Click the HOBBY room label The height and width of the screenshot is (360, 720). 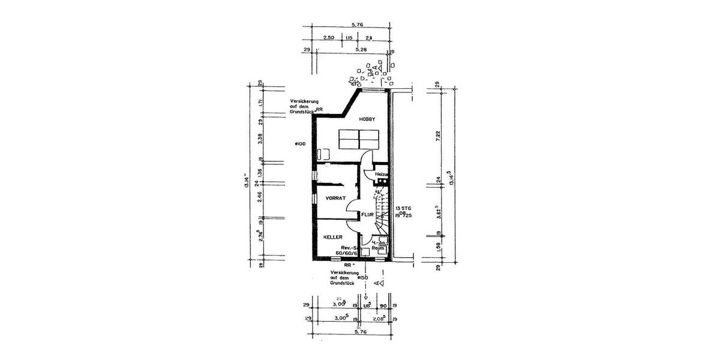pyautogui.click(x=367, y=120)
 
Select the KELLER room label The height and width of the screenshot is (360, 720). pyautogui.click(x=333, y=238)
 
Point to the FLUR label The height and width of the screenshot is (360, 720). pyautogui.click(x=368, y=214)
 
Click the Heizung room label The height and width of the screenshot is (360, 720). pyautogui.click(x=382, y=174)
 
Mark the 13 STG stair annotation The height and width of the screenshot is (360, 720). pyautogui.click(x=403, y=208)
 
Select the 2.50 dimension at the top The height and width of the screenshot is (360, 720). pyautogui.click(x=328, y=38)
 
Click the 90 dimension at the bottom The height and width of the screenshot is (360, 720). pyautogui.click(x=383, y=305)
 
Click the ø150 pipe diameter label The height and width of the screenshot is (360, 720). pyautogui.click(x=362, y=278)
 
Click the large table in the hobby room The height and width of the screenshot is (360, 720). pyautogui.click(x=359, y=140)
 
